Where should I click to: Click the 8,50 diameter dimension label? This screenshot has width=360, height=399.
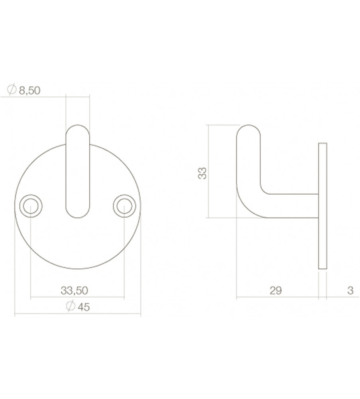coord(30,90)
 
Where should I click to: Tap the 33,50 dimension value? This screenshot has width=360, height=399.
coord(74,290)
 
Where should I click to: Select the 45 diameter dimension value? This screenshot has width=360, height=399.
coord(84,307)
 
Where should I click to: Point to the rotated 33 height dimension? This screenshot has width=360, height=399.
coord(203,173)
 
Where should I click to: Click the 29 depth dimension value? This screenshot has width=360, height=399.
coord(276,290)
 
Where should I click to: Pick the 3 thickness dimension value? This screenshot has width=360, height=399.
coord(350,290)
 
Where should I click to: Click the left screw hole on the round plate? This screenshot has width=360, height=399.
coord(31,206)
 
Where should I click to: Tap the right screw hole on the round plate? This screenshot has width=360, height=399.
coord(124,206)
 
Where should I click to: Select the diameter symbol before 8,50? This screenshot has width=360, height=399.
coord(12,89)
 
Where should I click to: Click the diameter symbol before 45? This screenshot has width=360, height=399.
coord(71,306)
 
